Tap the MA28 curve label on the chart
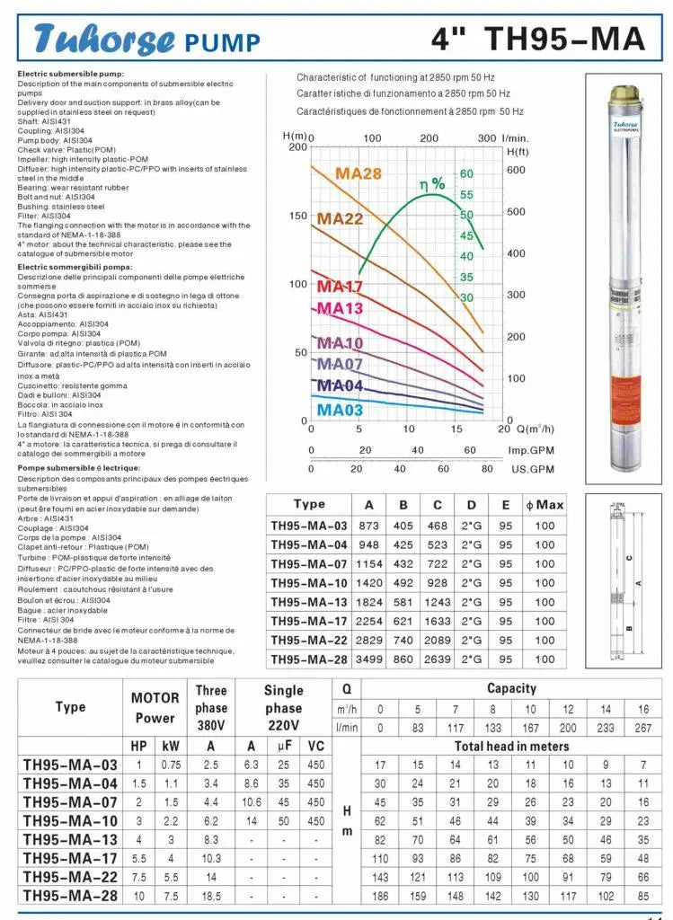click(359, 173)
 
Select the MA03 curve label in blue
click(340, 410)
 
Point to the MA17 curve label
click(340, 287)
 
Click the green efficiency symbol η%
click(432, 184)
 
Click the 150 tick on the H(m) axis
click(297, 216)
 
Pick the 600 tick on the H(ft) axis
click(516, 170)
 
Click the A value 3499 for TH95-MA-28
click(368, 659)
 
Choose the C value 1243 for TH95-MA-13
click(437, 602)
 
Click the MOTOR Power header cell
click(155, 707)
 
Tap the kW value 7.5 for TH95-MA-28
click(171, 897)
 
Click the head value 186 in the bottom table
click(380, 897)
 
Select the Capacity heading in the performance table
click(511, 689)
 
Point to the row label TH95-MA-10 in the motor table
click(70, 821)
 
